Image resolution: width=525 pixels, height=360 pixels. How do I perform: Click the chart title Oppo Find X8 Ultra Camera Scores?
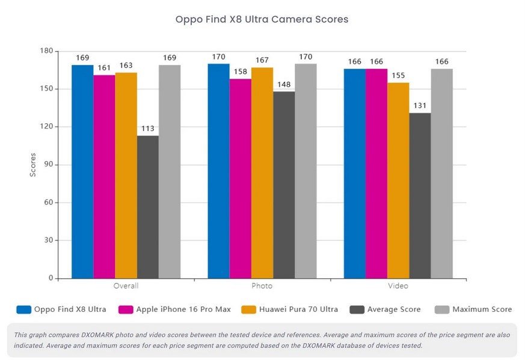[x=262, y=19]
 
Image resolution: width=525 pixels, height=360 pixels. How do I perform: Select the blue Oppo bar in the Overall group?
[x=82, y=172]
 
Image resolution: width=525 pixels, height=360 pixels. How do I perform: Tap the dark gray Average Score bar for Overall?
[x=148, y=207]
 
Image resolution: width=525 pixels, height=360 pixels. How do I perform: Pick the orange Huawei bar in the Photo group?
[x=262, y=173]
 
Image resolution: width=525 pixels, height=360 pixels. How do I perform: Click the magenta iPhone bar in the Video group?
[x=376, y=174]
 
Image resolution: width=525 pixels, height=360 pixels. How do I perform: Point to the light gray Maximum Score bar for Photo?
[x=305, y=171]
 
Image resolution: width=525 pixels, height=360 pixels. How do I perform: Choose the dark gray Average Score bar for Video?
[x=420, y=196]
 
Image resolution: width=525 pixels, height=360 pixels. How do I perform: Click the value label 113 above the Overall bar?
[x=148, y=129]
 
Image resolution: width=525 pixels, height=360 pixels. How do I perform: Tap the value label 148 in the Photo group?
[x=284, y=84]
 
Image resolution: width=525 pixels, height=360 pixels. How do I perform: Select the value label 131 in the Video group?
[x=420, y=106]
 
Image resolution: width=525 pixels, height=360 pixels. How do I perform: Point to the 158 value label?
[x=241, y=72]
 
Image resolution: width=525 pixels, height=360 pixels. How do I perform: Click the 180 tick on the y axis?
[x=46, y=51]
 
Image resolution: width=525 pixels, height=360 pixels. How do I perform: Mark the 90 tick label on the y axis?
[x=49, y=164]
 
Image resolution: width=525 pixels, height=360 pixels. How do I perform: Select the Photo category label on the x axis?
[x=262, y=285]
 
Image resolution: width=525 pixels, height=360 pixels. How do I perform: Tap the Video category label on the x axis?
[x=398, y=285]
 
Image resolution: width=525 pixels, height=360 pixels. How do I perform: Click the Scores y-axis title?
[x=33, y=165]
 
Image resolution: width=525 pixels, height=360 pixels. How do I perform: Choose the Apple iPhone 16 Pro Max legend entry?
[x=174, y=310]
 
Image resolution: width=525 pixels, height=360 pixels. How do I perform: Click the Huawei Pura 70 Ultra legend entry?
[x=290, y=310]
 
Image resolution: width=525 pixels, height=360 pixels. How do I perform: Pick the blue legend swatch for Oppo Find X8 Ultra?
[x=24, y=310]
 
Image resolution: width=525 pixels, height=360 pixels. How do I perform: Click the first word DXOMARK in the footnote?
[x=98, y=335]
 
